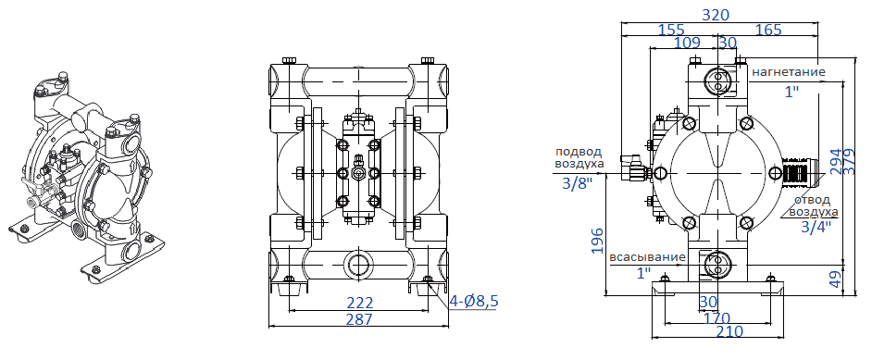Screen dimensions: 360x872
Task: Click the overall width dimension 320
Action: [716, 14]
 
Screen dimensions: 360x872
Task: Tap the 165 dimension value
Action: [768, 29]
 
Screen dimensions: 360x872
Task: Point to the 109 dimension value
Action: [687, 43]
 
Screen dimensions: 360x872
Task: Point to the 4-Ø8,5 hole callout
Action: [474, 301]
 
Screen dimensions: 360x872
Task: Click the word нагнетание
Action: [788, 70]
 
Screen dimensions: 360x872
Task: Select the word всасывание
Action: [647, 256]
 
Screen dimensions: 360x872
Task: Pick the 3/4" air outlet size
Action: [816, 226]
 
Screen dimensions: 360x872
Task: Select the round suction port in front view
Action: [357, 264]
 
